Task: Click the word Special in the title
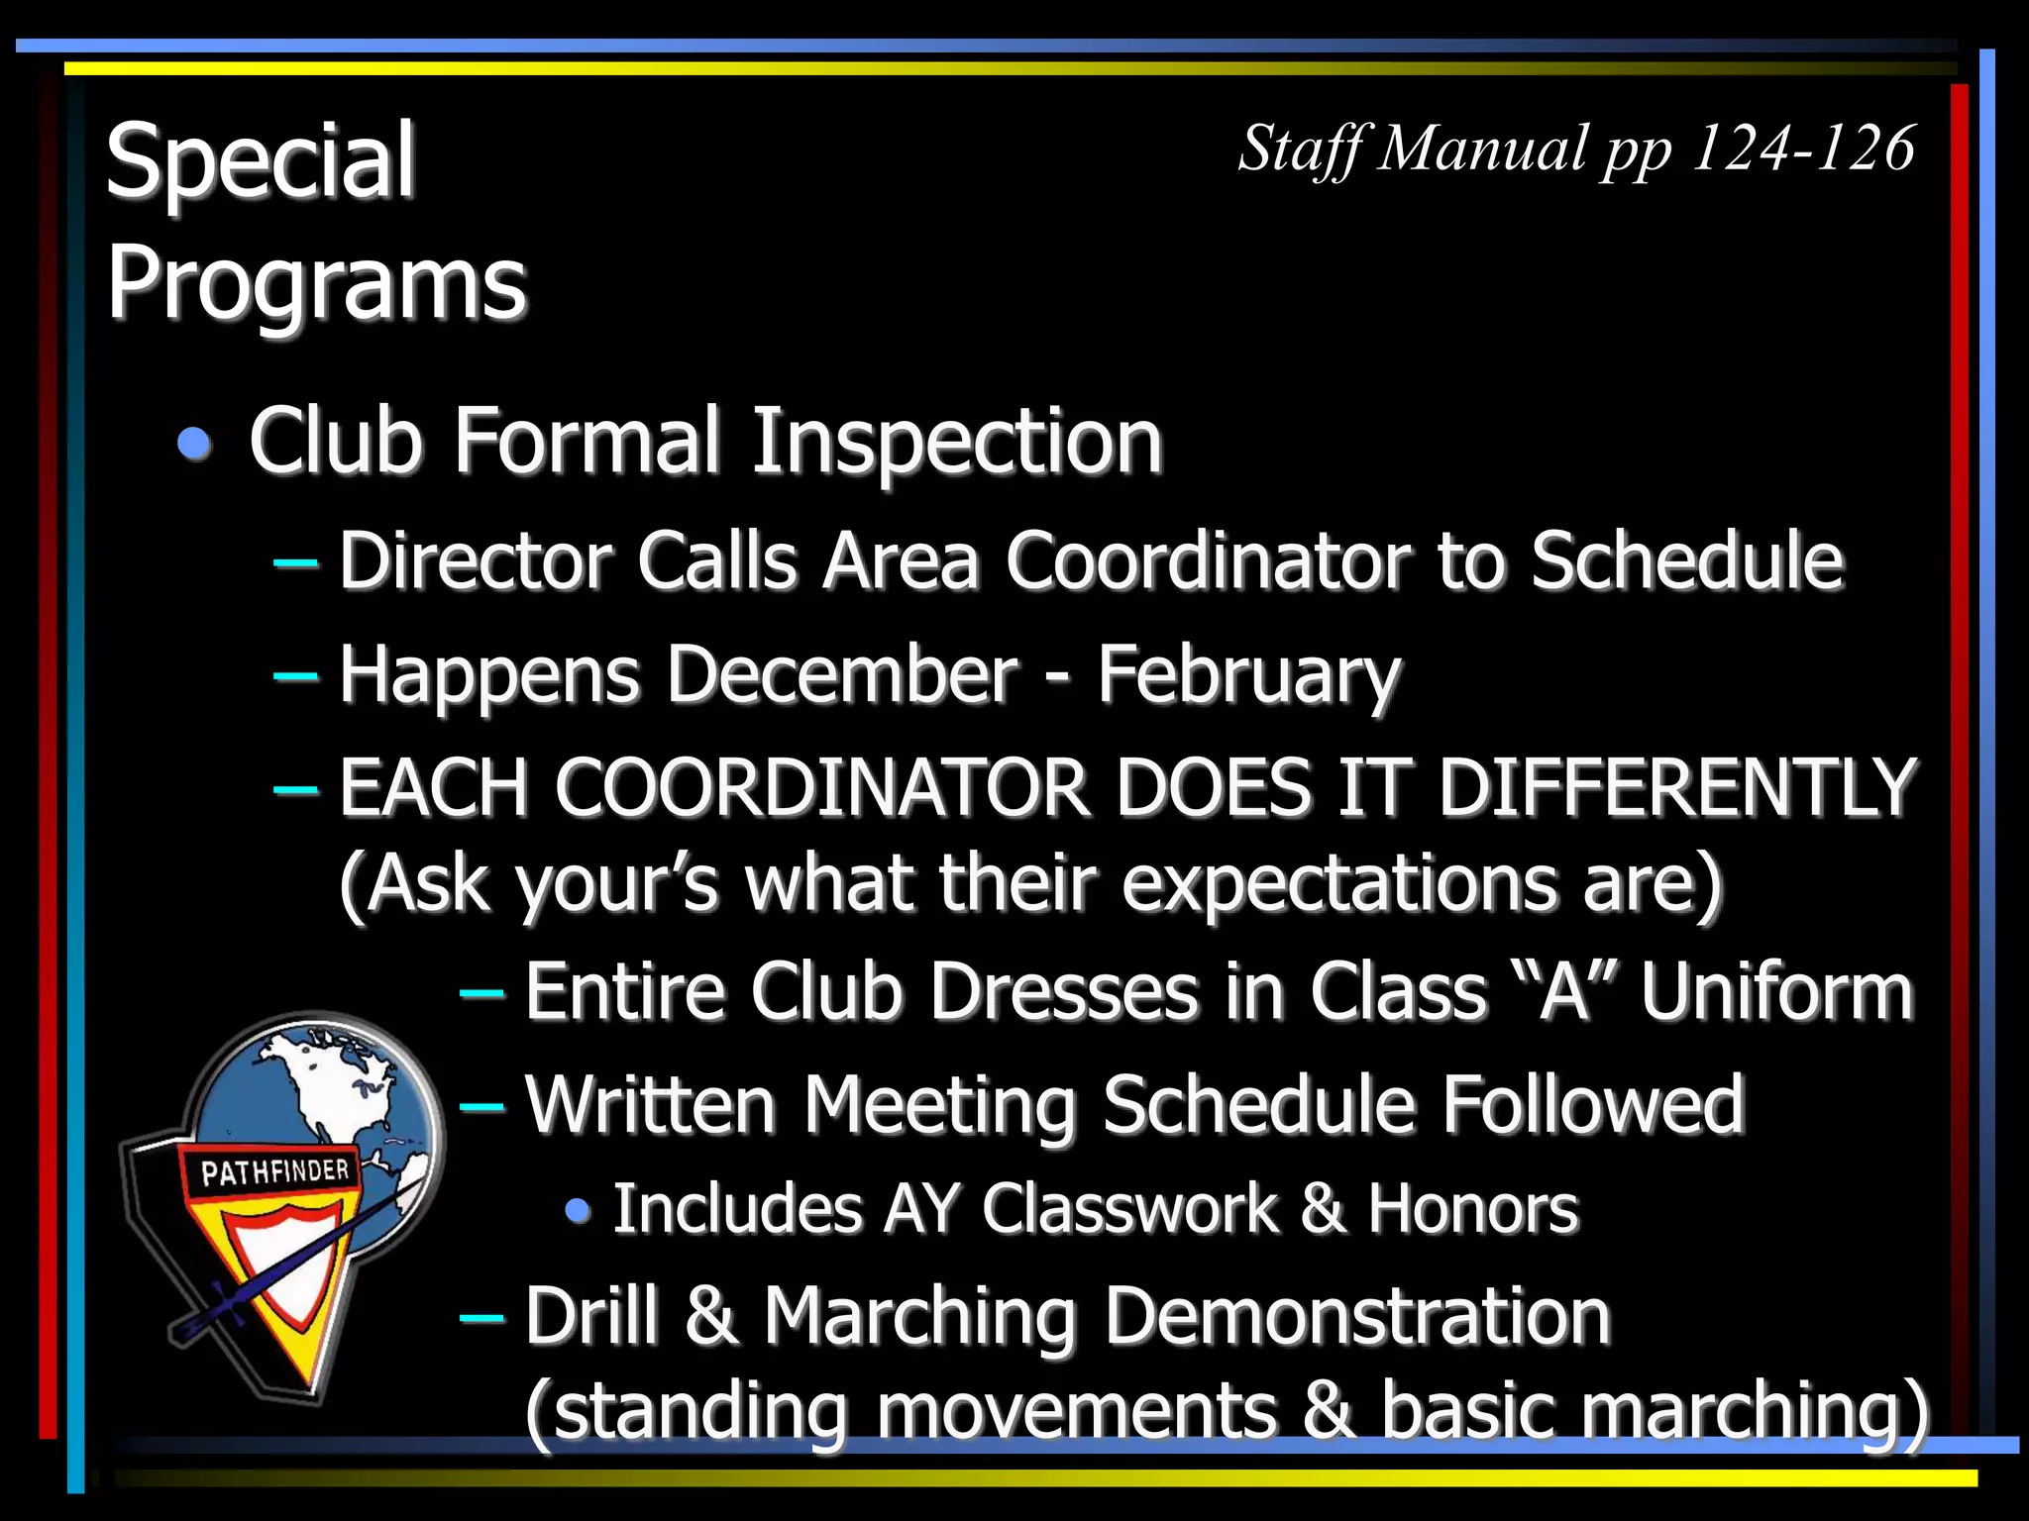[260, 160]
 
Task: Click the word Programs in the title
[316, 283]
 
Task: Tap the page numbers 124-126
[1802, 149]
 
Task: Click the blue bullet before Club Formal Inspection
[194, 443]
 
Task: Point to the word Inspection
[956, 442]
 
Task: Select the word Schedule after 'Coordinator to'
[1686, 561]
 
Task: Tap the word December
[842, 675]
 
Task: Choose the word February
[1248, 675]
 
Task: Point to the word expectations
[1337, 883]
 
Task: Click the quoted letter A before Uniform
[1562, 992]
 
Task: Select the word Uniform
[1776, 992]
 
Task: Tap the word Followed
[1592, 1105]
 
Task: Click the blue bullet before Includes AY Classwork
[578, 1210]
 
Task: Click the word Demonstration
[1356, 1317]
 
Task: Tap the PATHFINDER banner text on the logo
[274, 1172]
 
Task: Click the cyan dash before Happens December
[295, 675]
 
